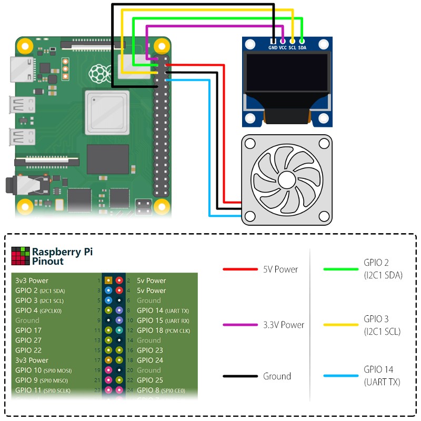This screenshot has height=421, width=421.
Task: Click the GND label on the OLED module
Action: click(273, 47)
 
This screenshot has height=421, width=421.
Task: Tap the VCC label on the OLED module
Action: click(283, 47)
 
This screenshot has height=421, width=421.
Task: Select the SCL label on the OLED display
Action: click(292, 47)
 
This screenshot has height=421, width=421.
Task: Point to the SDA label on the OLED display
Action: click(302, 47)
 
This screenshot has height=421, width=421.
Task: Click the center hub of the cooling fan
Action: click(287, 180)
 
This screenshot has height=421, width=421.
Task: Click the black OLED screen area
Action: click(287, 74)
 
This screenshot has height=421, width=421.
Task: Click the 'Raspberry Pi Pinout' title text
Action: click(62, 256)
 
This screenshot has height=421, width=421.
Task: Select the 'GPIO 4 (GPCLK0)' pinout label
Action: click(38, 310)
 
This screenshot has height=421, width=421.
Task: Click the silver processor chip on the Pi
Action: click(107, 112)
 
